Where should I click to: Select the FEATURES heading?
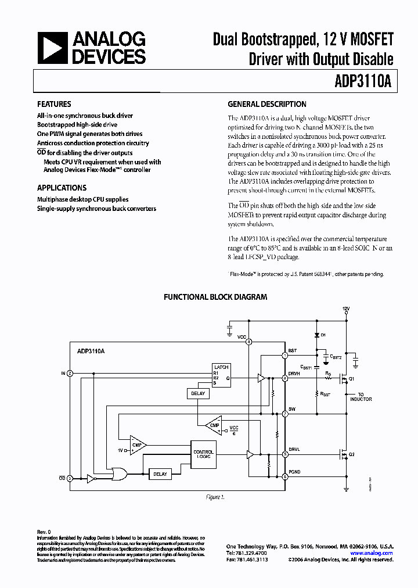pyautogui.click(x=54, y=105)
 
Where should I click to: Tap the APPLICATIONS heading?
pyautogui.click(x=62, y=188)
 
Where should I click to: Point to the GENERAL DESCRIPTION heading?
pyautogui.click(x=266, y=105)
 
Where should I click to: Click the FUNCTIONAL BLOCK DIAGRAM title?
pyautogui.click(x=215, y=297)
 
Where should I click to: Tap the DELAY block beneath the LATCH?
pyautogui.click(x=197, y=394)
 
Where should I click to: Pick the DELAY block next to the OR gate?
pyautogui.click(x=160, y=474)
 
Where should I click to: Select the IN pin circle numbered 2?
pyautogui.click(x=70, y=373)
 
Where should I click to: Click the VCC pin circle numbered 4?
pyautogui.click(x=249, y=342)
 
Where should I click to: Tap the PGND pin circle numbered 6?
pyautogui.click(x=284, y=477)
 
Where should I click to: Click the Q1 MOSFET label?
pyautogui.click(x=351, y=379)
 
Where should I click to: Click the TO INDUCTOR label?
pyautogui.click(x=361, y=397)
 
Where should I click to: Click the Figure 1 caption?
pyautogui.click(x=215, y=497)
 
